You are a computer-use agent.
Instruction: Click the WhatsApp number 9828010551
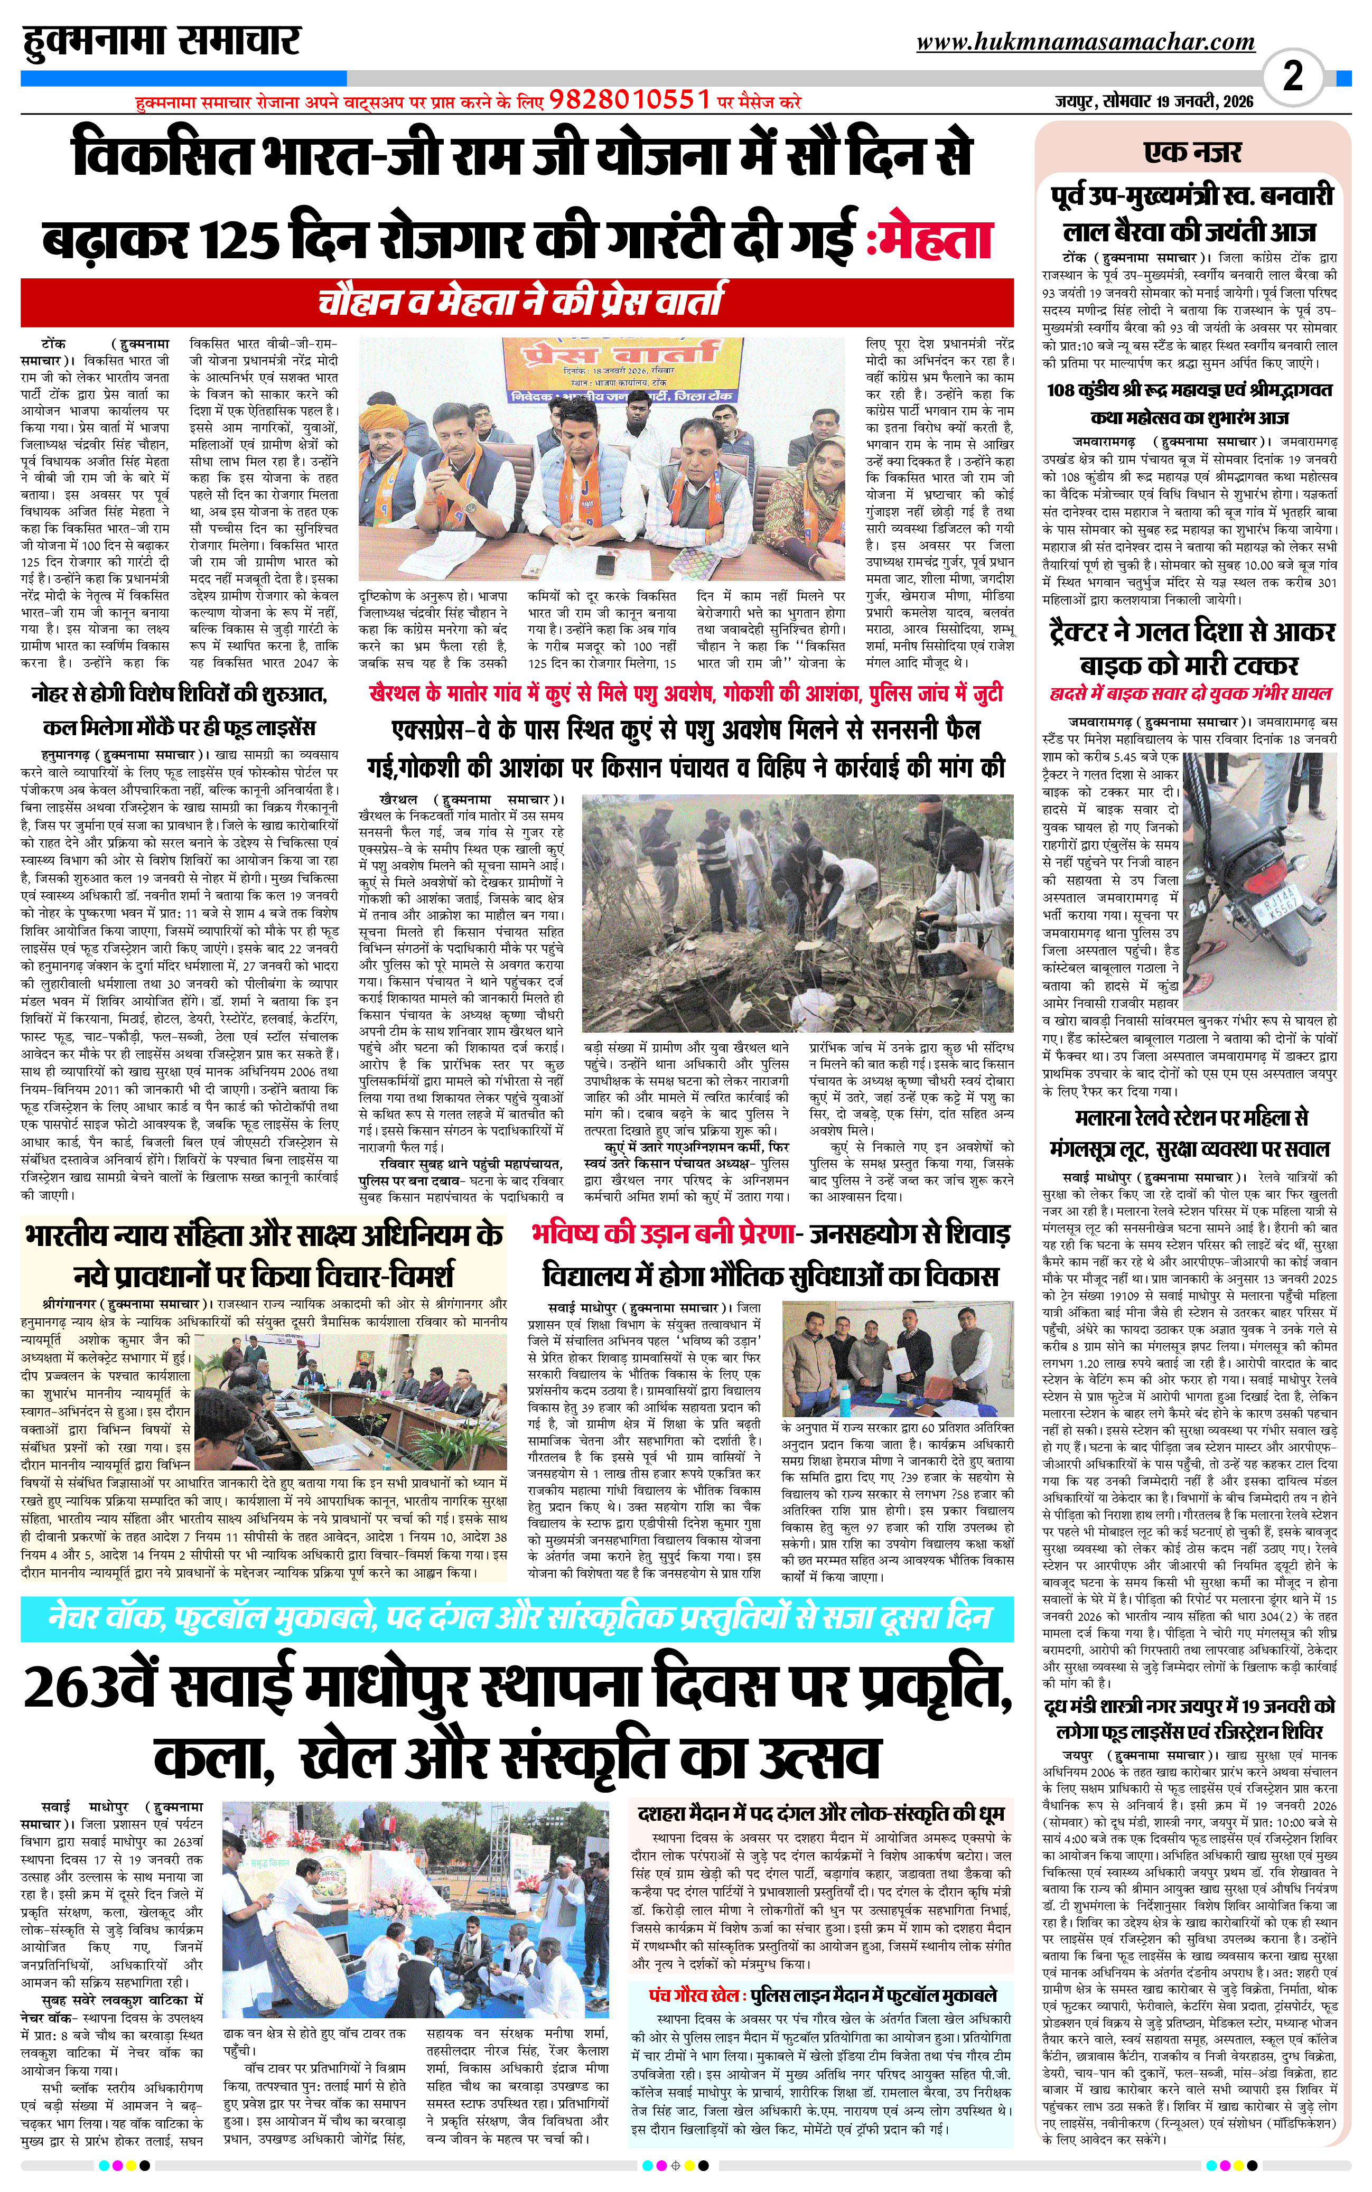pyautogui.click(x=629, y=100)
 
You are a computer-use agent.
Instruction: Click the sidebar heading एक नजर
pyautogui.click(x=1192, y=152)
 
